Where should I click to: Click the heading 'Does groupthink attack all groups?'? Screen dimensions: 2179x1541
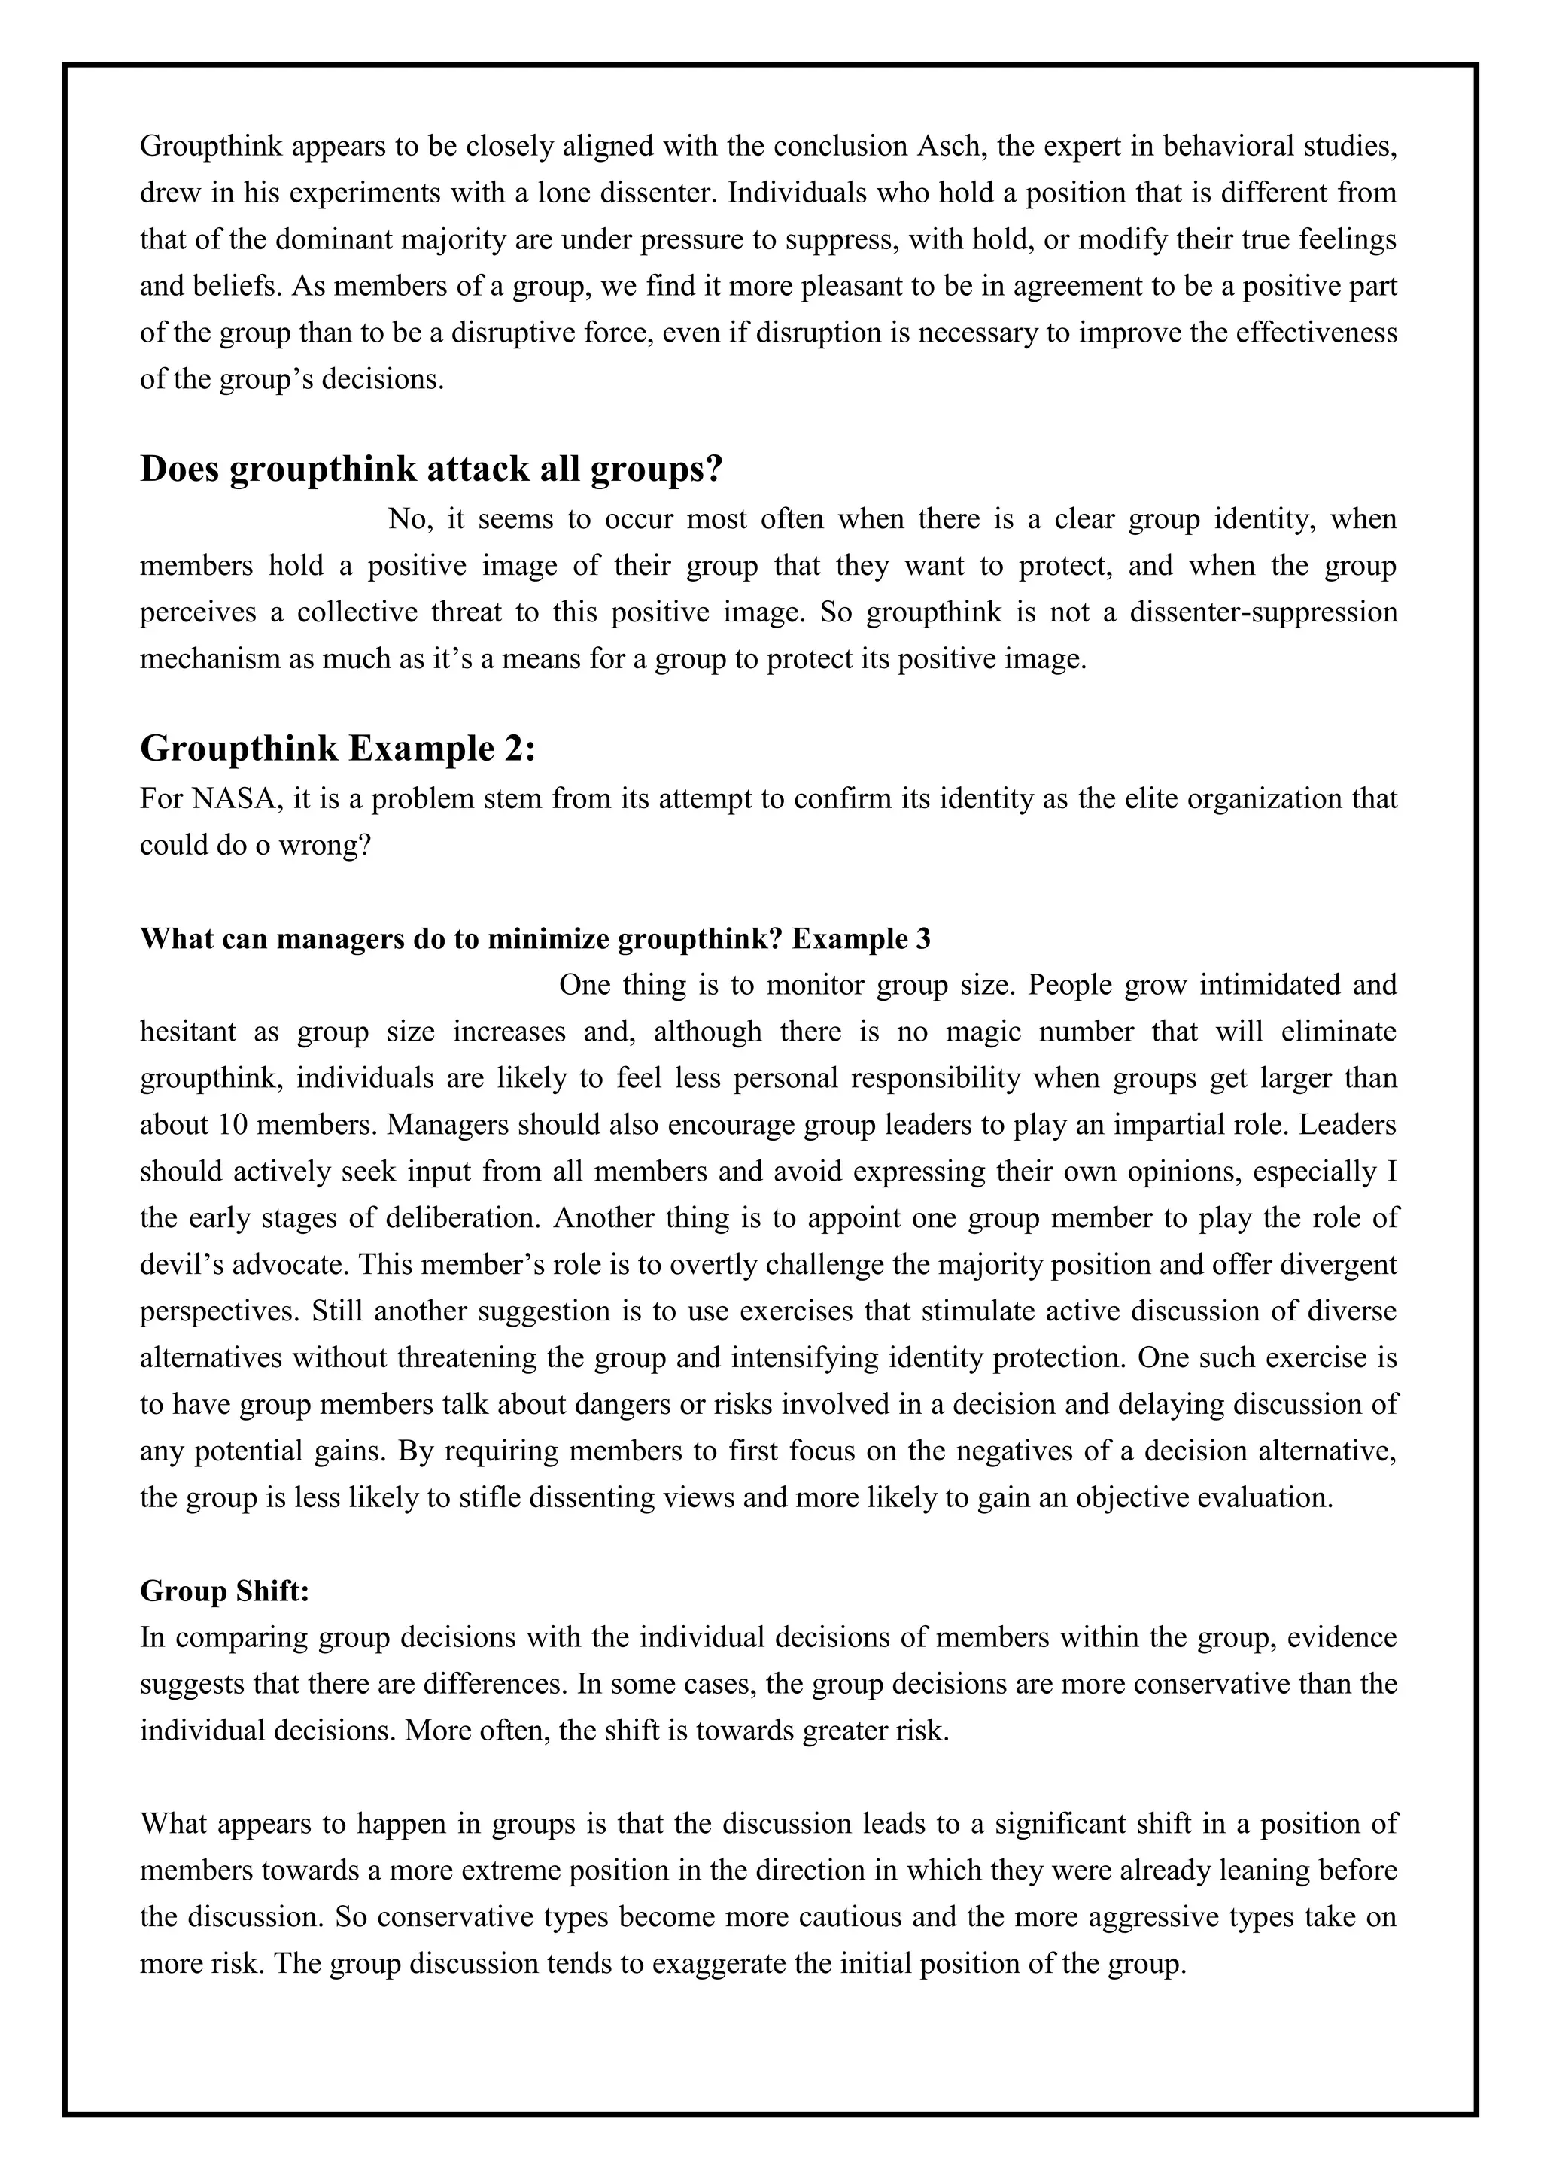point(432,470)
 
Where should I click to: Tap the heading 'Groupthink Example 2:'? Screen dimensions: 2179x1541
point(338,749)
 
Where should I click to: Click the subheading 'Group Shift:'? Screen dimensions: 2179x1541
point(225,1591)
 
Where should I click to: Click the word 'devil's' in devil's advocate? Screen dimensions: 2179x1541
point(178,1264)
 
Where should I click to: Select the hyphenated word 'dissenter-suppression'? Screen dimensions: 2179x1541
point(1263,612)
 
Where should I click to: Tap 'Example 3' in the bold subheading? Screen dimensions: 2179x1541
point(862,938)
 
